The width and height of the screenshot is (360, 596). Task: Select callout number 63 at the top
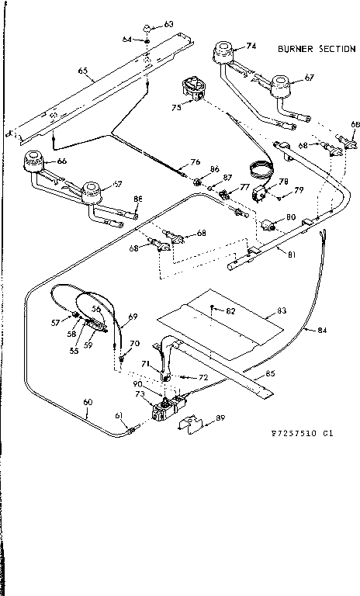pyautogui.click(x=169, y=25)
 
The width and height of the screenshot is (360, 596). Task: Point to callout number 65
pyautogui.click(x=82, y=71)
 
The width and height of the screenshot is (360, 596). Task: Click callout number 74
pyautogui.click(x=251, y=47)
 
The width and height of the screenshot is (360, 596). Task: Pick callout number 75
pyautogui.click(x=177, y=108)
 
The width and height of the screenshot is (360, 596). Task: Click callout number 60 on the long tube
pyautogui.click(x=87, y=401)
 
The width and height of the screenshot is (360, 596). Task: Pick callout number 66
pyautogui.click(x=61, y=161)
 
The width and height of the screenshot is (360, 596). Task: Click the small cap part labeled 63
pyautogui.click(x=146, y=30)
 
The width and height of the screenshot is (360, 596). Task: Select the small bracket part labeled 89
pyautogui.click(x=191, y=423)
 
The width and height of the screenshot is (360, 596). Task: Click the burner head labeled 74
pyautogui.click(x=226, y=54)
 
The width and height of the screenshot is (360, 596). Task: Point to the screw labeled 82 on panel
pyautogui.click(x=211, y=308)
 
